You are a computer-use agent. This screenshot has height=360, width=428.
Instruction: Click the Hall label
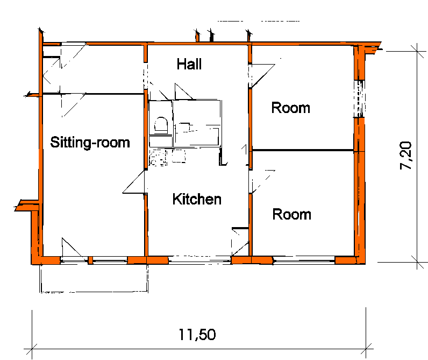(189, 64)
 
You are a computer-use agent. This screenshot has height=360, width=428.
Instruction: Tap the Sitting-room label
(90, 142)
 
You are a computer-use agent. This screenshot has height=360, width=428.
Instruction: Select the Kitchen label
(197, 199)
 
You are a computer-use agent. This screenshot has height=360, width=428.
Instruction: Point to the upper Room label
(291, 108)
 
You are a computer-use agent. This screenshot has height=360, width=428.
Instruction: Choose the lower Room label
(291, 214)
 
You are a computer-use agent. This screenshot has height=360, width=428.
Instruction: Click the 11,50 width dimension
(197, 335)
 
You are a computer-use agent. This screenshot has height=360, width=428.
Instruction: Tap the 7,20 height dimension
(405, 156)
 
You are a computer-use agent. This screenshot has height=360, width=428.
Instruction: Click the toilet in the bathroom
(161, 125)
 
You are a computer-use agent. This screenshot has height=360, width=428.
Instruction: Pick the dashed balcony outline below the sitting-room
(94, 278)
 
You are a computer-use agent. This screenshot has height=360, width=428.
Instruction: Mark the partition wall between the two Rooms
(303, 150)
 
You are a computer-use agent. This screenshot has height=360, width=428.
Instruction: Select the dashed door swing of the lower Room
(262, 182)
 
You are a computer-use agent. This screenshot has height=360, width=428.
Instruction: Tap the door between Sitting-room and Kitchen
(133, 182)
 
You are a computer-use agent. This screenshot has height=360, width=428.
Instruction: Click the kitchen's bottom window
(200, 260)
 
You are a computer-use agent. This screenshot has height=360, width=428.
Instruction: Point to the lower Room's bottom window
(304, 260)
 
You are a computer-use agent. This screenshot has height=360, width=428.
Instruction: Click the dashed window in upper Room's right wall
(360, 98)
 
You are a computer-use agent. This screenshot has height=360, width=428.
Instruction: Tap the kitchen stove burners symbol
(158, 158)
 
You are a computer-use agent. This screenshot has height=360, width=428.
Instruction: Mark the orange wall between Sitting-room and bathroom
(146, 130)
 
